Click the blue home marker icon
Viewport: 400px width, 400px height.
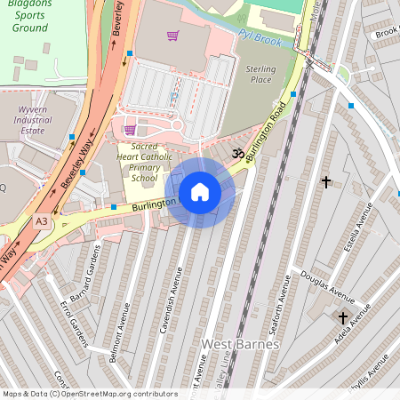click(200, 192)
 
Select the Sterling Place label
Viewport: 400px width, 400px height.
click(261, 74)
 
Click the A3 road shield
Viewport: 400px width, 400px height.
click(42, 220)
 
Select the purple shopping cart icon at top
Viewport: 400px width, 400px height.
click(172, 36)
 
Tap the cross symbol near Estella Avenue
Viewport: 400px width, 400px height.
click(326, 182)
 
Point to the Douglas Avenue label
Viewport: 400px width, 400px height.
click(327, 283)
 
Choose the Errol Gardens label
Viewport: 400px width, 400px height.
click(74, 332)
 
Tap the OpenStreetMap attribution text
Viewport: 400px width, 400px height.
click(78, 394)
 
